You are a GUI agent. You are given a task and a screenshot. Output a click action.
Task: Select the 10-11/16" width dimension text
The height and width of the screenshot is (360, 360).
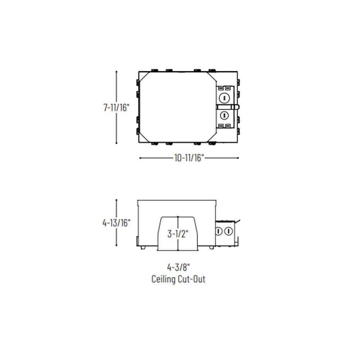189,158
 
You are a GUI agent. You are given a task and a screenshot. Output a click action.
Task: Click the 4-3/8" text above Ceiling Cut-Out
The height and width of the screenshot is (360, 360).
178,267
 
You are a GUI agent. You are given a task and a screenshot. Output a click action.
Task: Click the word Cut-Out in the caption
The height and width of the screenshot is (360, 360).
192,279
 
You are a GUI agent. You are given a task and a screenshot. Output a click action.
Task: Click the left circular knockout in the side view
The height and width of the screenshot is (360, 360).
219,231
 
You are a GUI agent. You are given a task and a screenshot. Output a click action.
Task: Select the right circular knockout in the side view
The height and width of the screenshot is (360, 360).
228,231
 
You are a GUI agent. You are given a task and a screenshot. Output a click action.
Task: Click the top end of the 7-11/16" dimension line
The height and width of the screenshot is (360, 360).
116,72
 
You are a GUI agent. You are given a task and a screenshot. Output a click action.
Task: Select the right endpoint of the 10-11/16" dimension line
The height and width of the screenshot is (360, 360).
238,158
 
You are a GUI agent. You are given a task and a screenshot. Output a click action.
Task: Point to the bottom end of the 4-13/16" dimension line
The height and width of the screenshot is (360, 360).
116,246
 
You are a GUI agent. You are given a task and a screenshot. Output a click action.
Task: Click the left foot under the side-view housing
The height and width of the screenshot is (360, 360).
143,248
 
